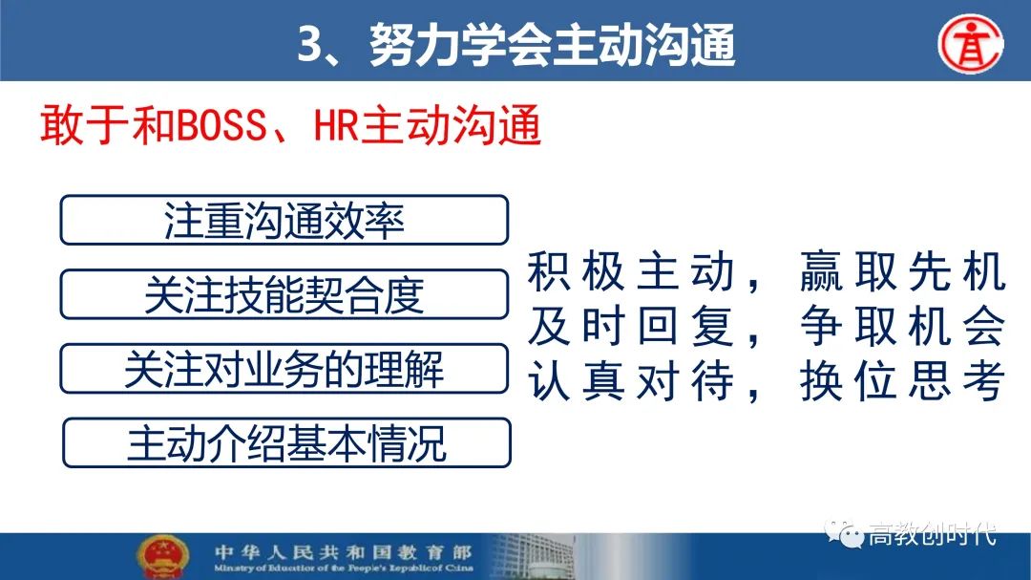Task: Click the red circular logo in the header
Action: point(971,44)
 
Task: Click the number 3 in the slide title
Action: point(309,46)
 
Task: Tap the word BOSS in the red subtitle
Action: point(221,125)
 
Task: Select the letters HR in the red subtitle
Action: point(336,125)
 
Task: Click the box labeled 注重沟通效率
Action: point(284,221)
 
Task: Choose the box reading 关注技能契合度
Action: point(284,295)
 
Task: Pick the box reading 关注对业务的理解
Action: point(284,369)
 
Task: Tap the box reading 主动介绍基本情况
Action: point(286,443)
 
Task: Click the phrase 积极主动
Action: point(631,271)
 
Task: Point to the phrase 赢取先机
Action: point(903,271)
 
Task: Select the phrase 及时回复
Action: point(631,326)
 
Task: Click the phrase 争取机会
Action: point(903,326)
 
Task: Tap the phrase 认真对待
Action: point(631,381)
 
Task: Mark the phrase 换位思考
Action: point(903,381)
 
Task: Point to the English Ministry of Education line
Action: point(344,568)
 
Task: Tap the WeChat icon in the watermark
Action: point(844,533)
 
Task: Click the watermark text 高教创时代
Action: point(932,534)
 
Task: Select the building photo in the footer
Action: point(534,557)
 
